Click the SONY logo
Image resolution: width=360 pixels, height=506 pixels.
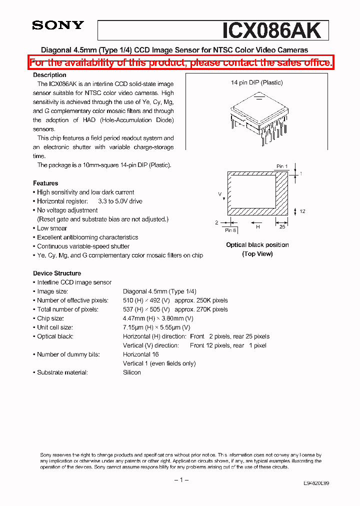58,25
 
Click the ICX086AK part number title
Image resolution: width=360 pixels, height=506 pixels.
271,30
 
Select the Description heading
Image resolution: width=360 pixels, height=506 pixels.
49,75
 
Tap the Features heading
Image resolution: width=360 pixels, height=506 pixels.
45,183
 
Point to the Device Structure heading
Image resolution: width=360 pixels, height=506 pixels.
57,273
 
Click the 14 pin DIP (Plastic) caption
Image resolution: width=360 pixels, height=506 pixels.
256,83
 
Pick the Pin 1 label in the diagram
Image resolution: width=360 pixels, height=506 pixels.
282,166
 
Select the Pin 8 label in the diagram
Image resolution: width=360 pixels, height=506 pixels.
230,230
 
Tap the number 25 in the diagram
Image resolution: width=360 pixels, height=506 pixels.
282,227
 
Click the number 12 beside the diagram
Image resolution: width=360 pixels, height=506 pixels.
302,211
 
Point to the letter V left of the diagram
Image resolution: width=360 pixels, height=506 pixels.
219,192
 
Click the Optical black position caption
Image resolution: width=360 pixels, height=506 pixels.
257,245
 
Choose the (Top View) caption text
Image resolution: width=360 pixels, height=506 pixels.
257,254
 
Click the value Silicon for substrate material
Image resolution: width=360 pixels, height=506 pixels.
132,372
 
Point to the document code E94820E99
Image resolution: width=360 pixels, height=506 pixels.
316,484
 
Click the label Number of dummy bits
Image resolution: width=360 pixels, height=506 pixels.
68,354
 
